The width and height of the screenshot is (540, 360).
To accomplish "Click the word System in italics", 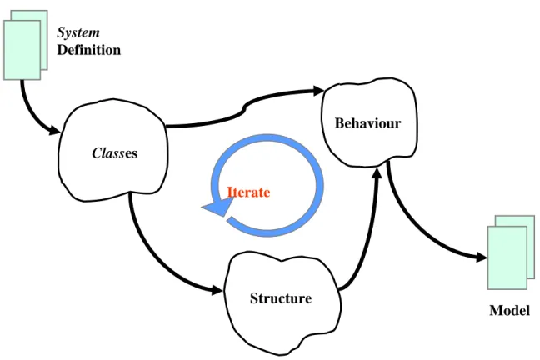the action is point(78,32).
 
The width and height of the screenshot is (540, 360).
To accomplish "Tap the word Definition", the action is point(89,50).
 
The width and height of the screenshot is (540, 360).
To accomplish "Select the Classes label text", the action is point(115,153).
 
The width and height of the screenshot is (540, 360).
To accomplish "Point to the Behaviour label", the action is point(367,123).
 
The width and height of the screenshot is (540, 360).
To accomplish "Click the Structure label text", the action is point(281,298).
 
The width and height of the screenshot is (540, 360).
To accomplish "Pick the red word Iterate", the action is point(248,192).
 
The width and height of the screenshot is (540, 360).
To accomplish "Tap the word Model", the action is point(509,310).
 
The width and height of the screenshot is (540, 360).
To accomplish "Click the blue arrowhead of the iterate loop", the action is point(217,207).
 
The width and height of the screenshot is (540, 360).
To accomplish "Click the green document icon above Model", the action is point(511,252).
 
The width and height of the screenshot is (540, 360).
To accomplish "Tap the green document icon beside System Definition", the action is point(26,45).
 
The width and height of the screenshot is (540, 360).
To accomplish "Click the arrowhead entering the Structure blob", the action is point(217,290).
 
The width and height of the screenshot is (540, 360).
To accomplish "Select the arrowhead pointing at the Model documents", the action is point(482,257).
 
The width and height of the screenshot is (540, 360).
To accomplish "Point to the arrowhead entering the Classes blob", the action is point(55,130).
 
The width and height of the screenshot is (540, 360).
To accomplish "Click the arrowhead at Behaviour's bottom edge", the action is point(377,173).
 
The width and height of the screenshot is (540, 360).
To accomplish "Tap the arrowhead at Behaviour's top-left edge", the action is point(318,91).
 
